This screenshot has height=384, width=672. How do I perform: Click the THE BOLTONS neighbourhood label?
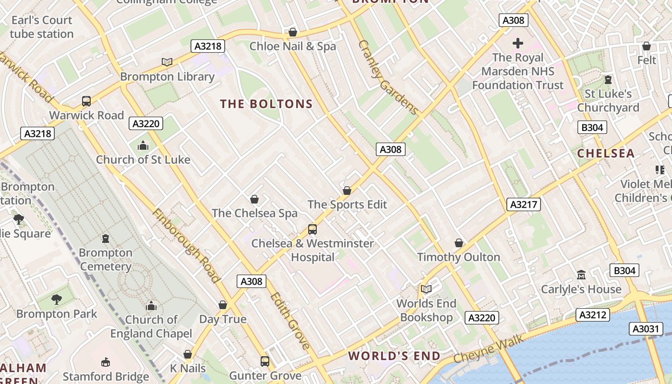266,104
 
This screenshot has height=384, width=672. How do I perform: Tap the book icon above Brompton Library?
167,62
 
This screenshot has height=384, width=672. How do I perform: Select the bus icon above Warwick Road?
86,101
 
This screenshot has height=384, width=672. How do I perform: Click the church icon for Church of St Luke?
143,145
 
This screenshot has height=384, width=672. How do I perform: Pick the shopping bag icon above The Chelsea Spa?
254,199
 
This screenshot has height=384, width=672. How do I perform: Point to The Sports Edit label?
347,204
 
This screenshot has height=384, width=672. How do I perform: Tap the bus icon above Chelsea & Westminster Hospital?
312,229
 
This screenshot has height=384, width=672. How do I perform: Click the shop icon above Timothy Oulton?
459,243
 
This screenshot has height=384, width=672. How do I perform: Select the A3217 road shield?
524,204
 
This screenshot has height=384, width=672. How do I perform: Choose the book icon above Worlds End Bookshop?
426,289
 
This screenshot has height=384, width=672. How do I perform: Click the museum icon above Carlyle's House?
581,275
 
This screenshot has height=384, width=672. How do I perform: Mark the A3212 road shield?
593,315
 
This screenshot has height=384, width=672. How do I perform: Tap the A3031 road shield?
646,329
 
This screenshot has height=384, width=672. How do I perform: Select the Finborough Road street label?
186,246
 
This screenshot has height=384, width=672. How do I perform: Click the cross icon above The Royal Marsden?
517,44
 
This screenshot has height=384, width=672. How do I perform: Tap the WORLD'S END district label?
394,356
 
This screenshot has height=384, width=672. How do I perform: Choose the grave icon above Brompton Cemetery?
106,239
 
